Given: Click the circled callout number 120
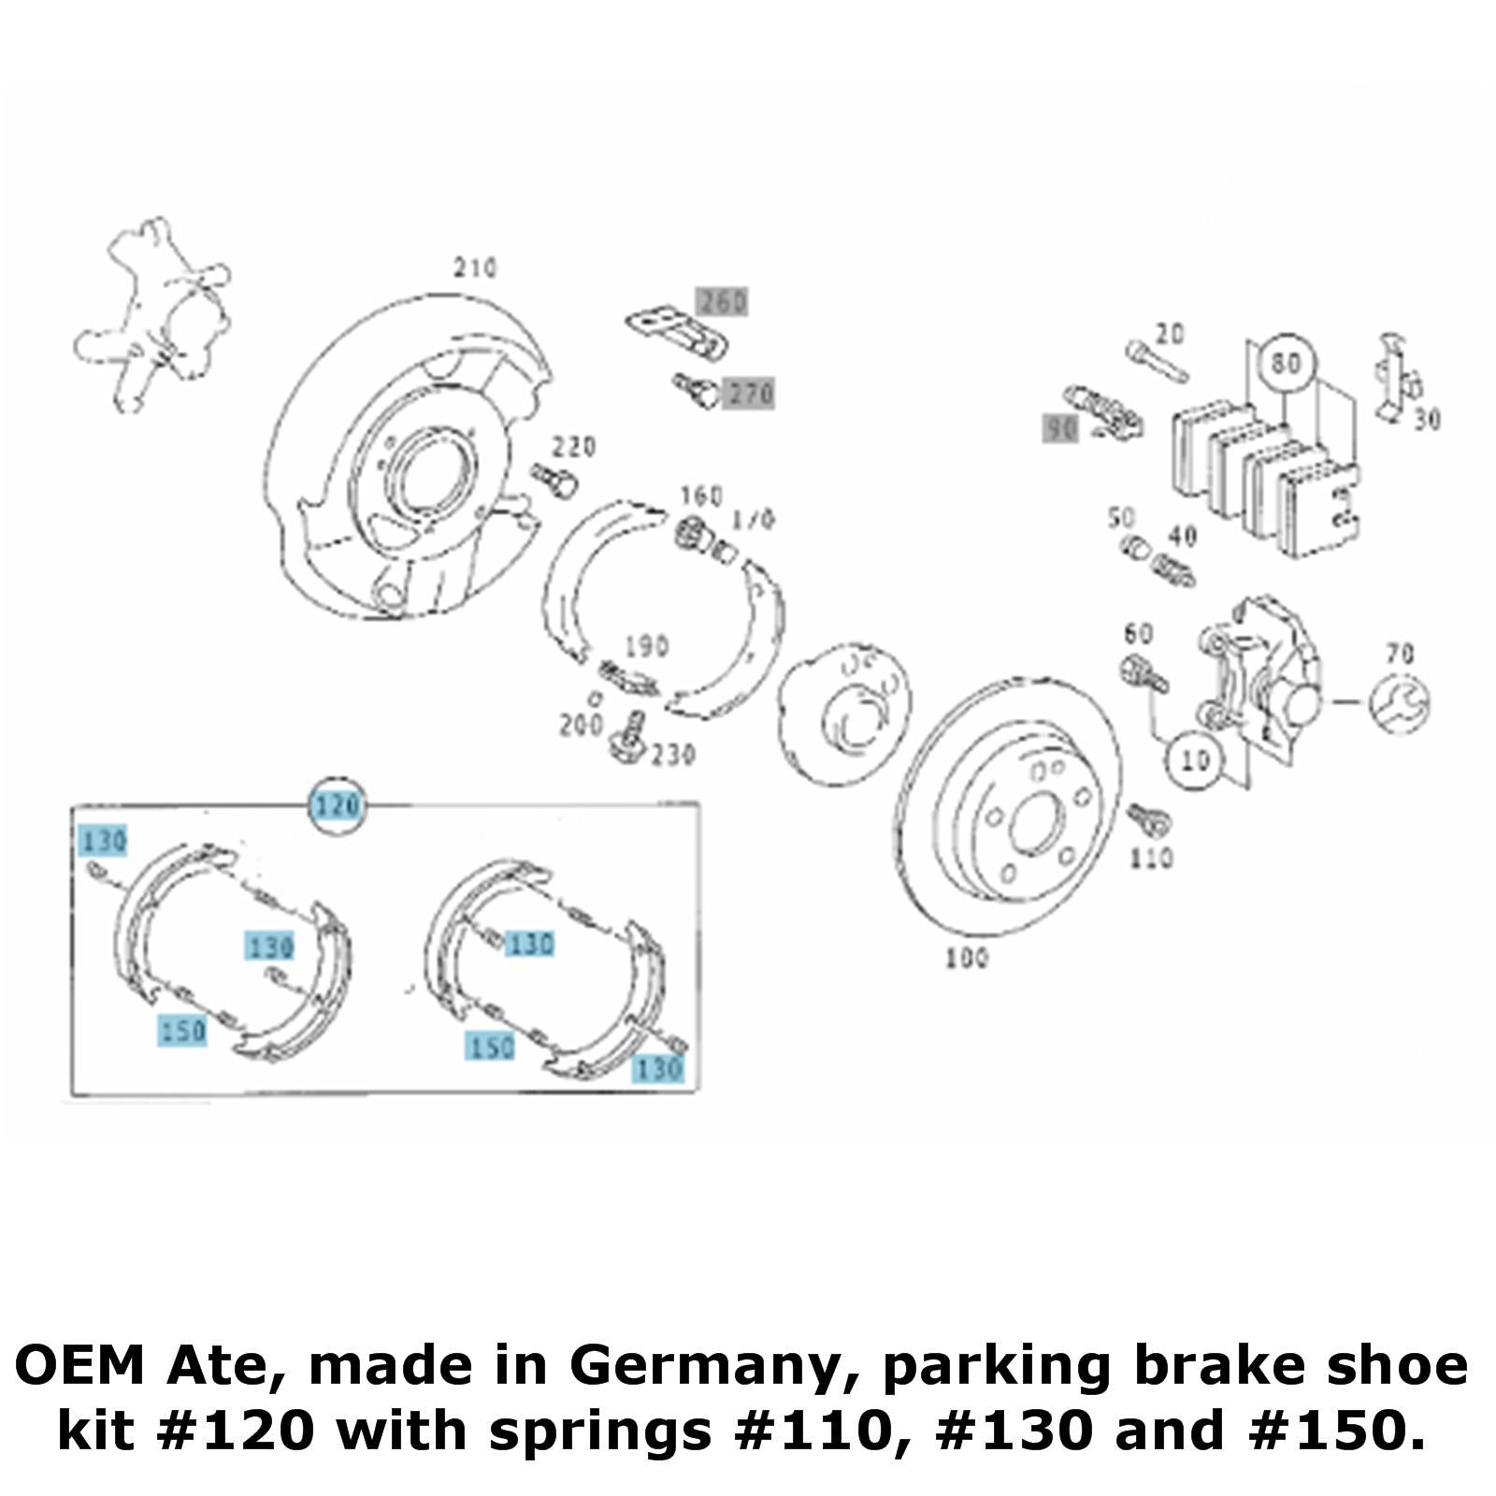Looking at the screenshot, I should point(337,805).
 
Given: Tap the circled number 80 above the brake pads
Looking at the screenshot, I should point(1287,363).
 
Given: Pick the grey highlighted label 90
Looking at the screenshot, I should point(1061,429).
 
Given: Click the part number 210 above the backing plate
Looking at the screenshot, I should point(475,268).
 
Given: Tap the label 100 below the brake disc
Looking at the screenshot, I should point(966,957).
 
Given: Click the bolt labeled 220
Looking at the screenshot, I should point(554,480).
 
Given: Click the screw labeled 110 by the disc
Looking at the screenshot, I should point(1148,820).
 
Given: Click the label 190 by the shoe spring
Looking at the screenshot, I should point(646,646).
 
